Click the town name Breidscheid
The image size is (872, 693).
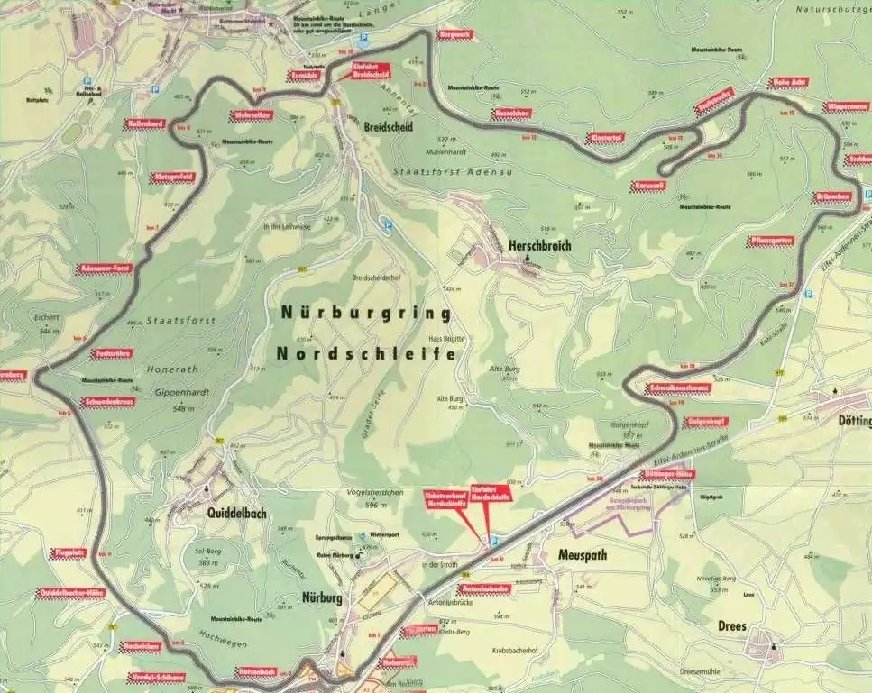click(x=389, y=128)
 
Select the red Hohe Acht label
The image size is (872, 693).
click(x=786, y=83)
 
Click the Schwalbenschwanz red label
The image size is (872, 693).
click(x=678, y=388)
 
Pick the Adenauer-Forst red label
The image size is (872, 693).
click(x=106, y=268)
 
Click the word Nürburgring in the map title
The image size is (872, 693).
click(x=365, y=314)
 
